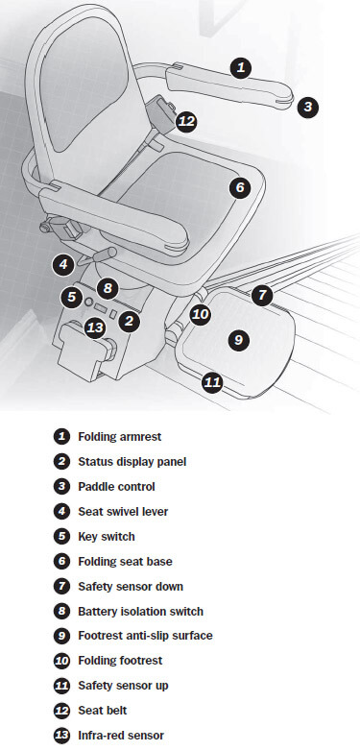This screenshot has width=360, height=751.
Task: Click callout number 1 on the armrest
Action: tap(241, 68)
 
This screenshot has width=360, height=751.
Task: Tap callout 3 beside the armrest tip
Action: tap(307, 107)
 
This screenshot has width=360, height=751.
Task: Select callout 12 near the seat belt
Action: tap(186, 122)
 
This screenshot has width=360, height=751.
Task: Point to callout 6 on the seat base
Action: tap(240, 187)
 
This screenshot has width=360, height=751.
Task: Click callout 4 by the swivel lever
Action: tap(63, 264)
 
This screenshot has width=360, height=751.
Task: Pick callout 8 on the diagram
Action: tap(108, 288)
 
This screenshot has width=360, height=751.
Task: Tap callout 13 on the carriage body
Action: tap(95, 328)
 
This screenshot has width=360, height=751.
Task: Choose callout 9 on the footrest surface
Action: tap(238, 340)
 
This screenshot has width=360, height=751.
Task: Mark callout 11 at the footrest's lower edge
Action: tap(212, 382)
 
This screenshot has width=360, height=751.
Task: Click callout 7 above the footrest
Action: tap(262, 295)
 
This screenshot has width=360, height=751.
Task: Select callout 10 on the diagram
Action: tap(200, 315)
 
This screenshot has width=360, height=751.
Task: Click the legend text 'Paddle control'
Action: tap(117, 487)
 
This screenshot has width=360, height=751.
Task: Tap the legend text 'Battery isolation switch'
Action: tap(141, 611)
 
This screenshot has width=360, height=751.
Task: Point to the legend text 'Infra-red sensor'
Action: tap(121, 736)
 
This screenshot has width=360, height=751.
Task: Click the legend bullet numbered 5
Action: tap(61, 537)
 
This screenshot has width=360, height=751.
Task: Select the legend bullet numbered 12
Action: tap(61, 711)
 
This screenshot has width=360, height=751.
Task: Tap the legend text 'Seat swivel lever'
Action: tap(123, 512)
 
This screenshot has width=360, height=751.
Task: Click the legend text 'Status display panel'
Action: tap(132, 462)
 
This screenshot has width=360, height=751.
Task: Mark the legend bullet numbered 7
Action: tap(61, 586)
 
